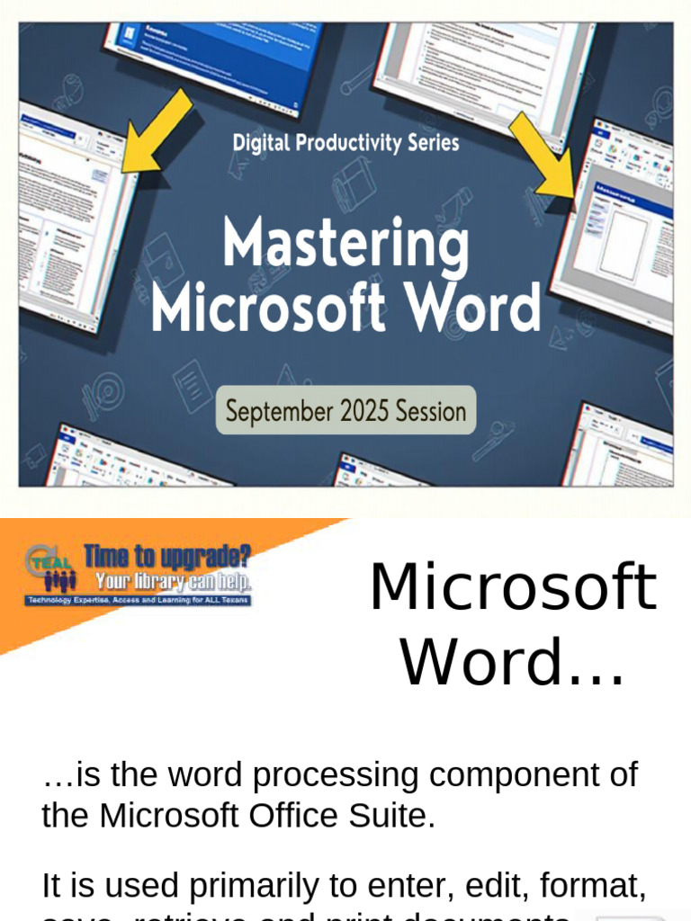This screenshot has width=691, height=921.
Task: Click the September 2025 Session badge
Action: (346, 411)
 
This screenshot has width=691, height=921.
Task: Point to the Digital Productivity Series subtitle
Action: (346, 142)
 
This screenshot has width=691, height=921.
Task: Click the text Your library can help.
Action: (174, 581)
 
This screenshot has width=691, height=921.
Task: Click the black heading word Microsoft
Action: (513, 587)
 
